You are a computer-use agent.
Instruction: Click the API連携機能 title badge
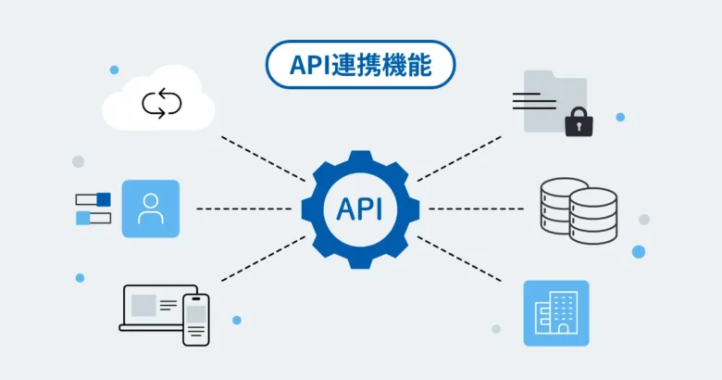pyautogui.click(x=360, y=65)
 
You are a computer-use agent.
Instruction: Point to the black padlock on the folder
pyautogui.click(x=579, y=121)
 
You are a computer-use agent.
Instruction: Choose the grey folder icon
pyautogui.click(x=552, y=100)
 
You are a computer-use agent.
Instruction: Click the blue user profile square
pyautogui.click(x=150, y=209)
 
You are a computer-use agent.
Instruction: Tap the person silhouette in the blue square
pyautogui.click(x=150, y=209)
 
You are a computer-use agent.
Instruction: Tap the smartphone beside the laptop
pyautogui.click(x=196, y=319)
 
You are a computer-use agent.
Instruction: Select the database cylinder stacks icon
pyautogui.click(x=579, y=211)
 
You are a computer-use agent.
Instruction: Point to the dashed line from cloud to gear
pyautogui.click(x=263, y=158)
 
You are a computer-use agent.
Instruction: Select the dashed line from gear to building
pyautogui.click(x=459, y=259)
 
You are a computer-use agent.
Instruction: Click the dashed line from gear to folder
pyautogui.click(x=459, y=158)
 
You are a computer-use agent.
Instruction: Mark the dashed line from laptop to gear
pyautogui.click(x=263, y=258)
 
